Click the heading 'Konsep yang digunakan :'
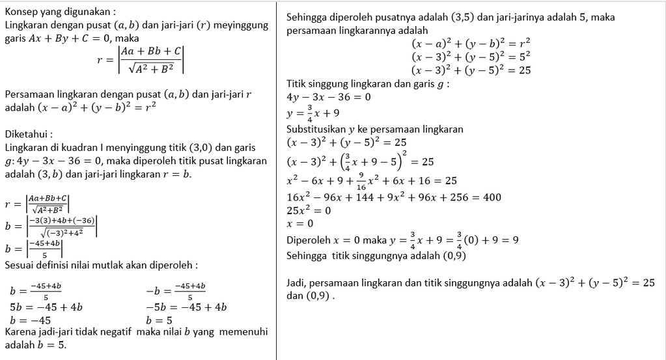(x=60, y=12)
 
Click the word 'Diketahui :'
(x=28, y=134)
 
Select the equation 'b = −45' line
(x=31, y=320)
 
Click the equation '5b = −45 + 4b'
(x=46, y=307)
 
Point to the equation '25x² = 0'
(x=309, y=210)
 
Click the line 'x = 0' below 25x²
(x=300, y=223)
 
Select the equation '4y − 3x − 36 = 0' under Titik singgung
(x=329, y=97)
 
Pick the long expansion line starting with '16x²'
(x=394, y=197)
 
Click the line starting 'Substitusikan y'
(x=374, y=129)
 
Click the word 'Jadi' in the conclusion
(x=297, y=283)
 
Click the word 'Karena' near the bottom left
(x=21, y=333)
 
